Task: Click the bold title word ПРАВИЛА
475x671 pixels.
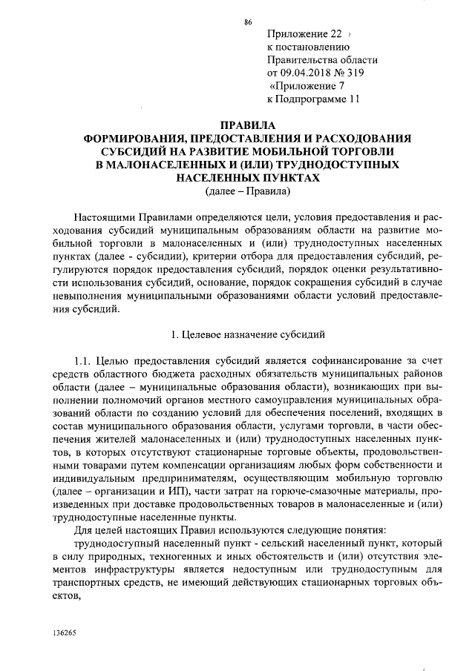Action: (247, 125)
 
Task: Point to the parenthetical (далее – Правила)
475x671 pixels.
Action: (247, 191)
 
